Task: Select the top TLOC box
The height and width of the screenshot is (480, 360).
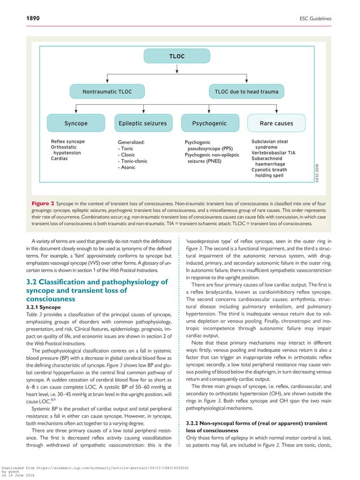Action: pos(177,57)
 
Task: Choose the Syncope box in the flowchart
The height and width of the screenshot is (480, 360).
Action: pos(76,123)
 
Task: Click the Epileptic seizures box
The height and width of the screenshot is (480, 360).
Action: pos(143,123)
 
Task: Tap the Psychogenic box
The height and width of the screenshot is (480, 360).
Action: pos(209,123)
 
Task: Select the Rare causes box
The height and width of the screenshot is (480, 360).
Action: pos(276,123)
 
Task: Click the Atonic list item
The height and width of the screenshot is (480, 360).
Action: pos(128,168)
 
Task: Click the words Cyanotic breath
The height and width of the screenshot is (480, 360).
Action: pos(272,170)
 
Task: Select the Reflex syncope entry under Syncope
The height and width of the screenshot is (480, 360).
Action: pos(68,141)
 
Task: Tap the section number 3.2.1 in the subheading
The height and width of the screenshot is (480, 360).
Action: pos(33,306)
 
